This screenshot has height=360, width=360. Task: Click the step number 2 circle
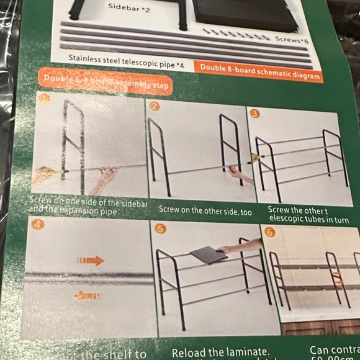(155, 106)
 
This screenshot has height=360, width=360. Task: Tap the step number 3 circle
(255, 114)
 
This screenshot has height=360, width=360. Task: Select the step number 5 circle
(161, 229)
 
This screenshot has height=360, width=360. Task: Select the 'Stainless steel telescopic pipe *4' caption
(127, 59)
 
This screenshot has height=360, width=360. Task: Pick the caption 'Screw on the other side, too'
(205, 210)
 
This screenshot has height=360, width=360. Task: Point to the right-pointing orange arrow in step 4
(91, 261)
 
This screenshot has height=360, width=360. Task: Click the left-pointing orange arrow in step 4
(88, 295)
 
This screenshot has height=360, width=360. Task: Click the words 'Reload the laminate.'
(220, 352)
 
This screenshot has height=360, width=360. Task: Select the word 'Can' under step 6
(321, 351)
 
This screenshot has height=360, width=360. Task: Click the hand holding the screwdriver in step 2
(240, 175)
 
